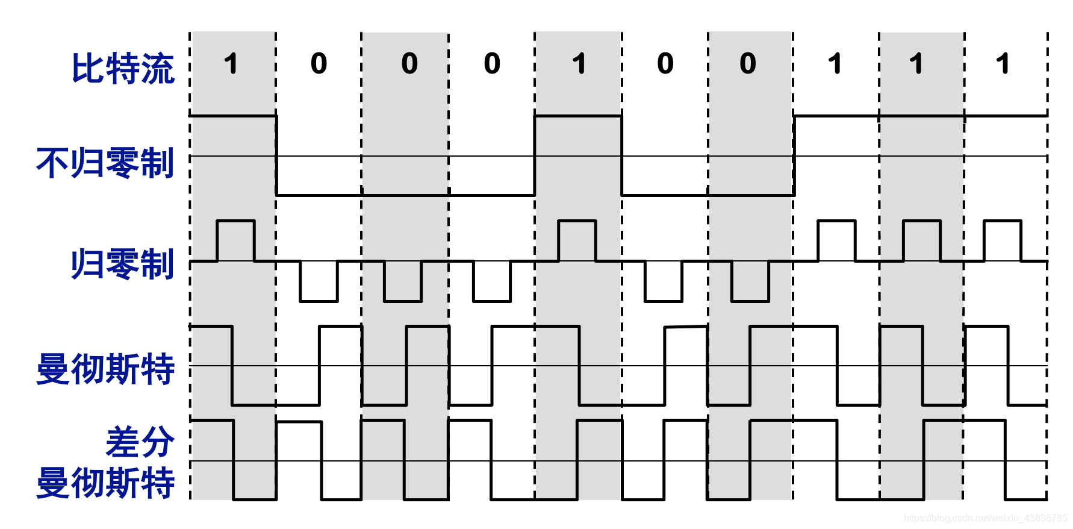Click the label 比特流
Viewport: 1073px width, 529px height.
123,69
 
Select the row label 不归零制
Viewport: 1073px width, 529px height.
105,163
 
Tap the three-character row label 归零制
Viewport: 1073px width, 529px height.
123,264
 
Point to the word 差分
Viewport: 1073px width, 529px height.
140,442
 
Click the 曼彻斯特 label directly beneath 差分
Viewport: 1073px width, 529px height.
105,483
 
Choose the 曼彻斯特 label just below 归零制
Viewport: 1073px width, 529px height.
105,369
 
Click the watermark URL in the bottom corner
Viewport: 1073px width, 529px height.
985,518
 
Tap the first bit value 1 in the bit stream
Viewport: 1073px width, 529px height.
231,64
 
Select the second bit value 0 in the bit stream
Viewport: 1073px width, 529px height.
319,64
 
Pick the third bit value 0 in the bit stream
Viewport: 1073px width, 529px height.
409,64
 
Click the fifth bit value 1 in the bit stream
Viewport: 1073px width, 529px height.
579,64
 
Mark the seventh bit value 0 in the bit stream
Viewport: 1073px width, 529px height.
747,64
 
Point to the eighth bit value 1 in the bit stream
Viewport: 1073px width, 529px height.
835,64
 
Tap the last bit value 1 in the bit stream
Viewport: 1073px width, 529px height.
1003,64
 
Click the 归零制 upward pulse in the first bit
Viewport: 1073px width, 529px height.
235,240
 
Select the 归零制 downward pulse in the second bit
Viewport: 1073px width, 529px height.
319,281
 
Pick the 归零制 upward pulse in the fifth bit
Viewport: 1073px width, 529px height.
577,240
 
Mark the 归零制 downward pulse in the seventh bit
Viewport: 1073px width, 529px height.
750,281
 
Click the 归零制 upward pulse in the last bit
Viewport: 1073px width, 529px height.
1003,240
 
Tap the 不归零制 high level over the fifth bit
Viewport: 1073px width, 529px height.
578,116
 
